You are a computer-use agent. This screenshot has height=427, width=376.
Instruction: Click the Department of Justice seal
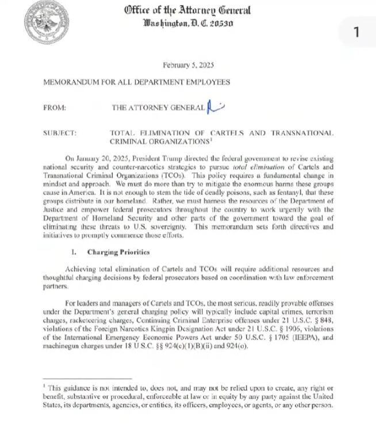click(45, 22)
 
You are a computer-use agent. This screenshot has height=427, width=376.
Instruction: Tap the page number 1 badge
click(356, 32)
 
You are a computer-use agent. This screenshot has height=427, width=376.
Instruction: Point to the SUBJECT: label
click(60, 133)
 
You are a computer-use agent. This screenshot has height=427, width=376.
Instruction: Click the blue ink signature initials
click(216, 105)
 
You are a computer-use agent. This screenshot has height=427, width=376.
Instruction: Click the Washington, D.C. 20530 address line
click(187, 25)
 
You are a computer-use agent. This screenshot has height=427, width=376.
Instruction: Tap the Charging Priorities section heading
click(119, 252)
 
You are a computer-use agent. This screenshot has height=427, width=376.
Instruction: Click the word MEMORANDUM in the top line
click(73, 82)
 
